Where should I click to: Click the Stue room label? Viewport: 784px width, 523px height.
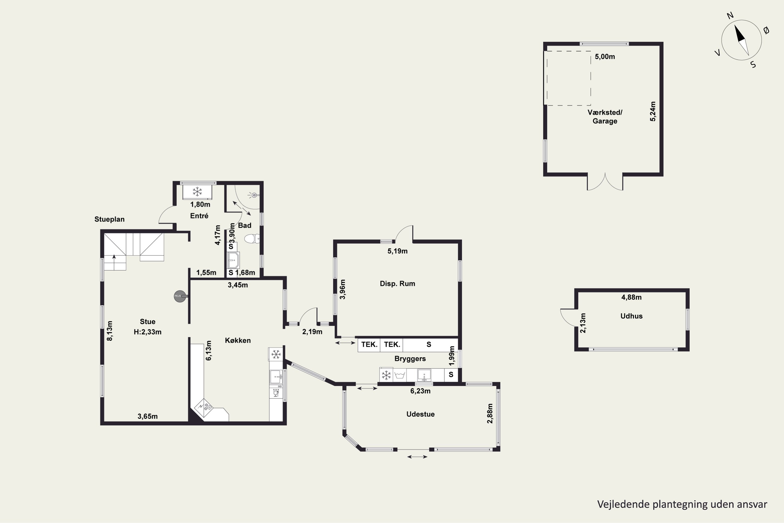point(147,322)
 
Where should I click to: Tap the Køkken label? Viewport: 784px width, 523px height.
point(238,340)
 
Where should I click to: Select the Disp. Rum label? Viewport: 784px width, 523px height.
point(397,283)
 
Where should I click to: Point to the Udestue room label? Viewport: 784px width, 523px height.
point(420,414)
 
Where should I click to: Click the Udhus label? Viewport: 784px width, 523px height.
point(631,316)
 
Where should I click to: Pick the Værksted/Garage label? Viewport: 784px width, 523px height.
point(605,116)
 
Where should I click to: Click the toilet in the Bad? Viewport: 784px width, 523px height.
point(252,239)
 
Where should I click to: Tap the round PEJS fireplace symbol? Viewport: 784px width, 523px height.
point(180,296)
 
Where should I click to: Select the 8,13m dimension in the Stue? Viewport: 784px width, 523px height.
point(110,331)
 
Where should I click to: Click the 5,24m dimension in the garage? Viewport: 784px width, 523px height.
point(653,111)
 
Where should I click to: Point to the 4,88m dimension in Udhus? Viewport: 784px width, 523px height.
point(631,297)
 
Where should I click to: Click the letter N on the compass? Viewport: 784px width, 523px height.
point(730,16)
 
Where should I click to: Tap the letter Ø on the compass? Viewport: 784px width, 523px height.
point(766,30)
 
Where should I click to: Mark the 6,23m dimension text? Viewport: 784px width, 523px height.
point(420,391)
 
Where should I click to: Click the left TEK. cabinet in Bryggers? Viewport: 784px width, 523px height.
point(369,345)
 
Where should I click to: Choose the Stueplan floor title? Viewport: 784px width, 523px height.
point(109,219)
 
